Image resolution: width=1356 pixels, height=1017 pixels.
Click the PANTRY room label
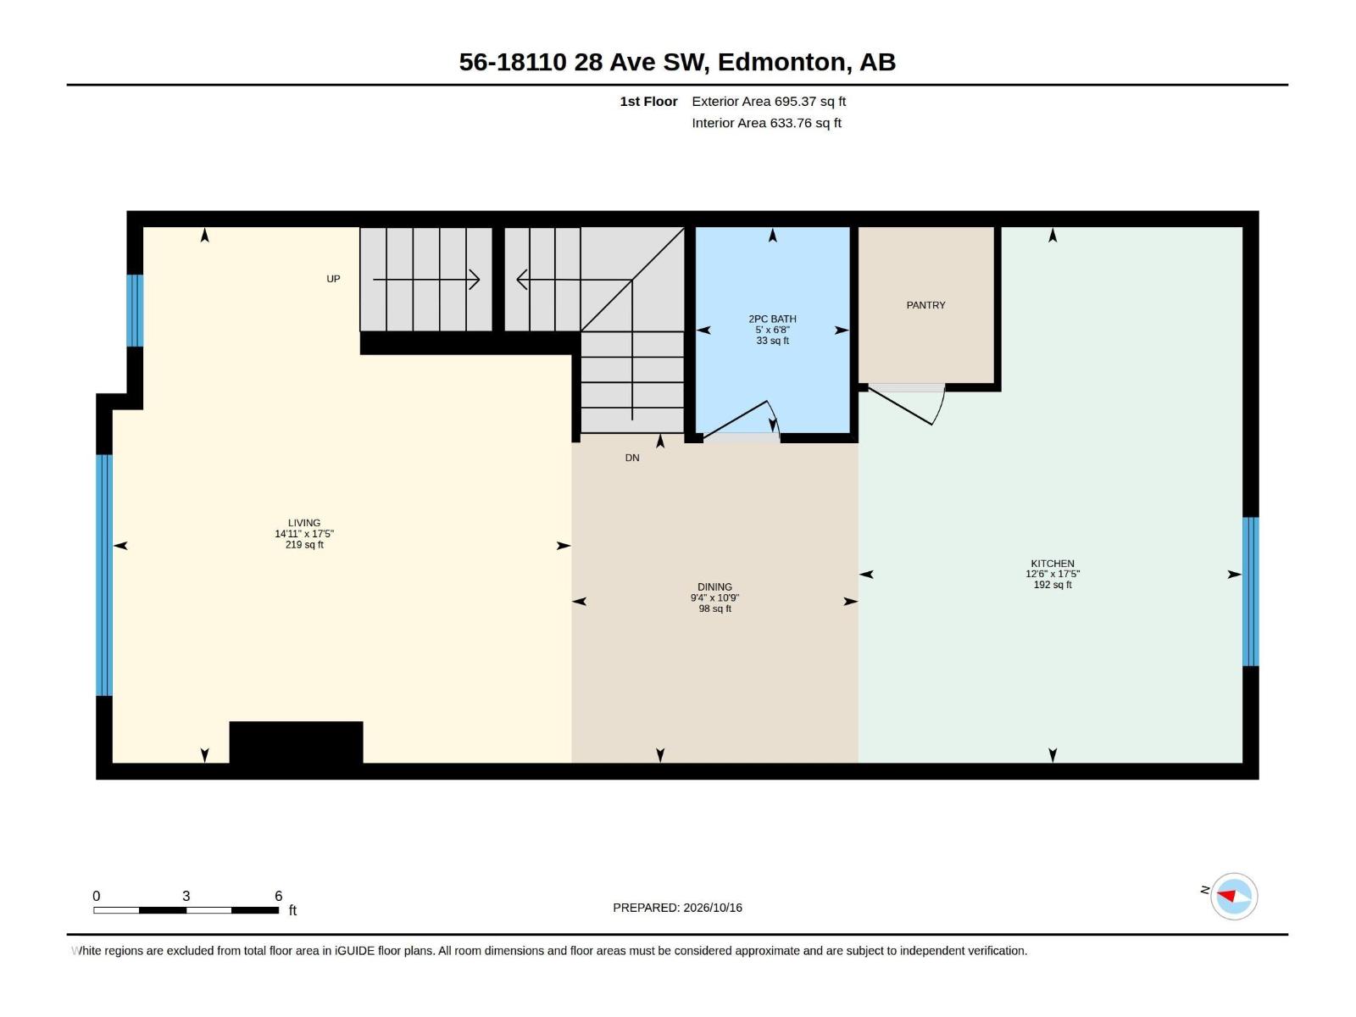pos(925,305)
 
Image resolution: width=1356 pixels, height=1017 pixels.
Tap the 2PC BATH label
pos(772,319)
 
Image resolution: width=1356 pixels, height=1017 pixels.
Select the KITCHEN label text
pos(1052,563)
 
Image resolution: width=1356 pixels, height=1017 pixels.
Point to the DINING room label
pos(714,586)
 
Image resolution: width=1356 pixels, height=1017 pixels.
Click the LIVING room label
pos(304,522)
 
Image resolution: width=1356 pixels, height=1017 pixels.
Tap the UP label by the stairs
pos(333,279)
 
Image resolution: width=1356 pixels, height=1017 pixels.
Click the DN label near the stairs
pos(632,458)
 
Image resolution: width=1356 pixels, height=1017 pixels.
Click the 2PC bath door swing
pos(742,420)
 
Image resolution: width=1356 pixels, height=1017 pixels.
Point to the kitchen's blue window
pos(1250,591)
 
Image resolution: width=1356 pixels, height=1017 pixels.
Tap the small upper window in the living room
pos(135,310)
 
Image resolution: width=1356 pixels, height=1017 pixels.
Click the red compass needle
pos(1226,895)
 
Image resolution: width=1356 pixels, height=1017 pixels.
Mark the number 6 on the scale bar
pos(278,895)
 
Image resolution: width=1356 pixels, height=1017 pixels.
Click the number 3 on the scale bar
pos(186,895)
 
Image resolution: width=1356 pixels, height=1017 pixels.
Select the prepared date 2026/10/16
pos(712,908)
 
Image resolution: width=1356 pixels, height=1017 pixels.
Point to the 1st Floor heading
pos(648,101)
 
